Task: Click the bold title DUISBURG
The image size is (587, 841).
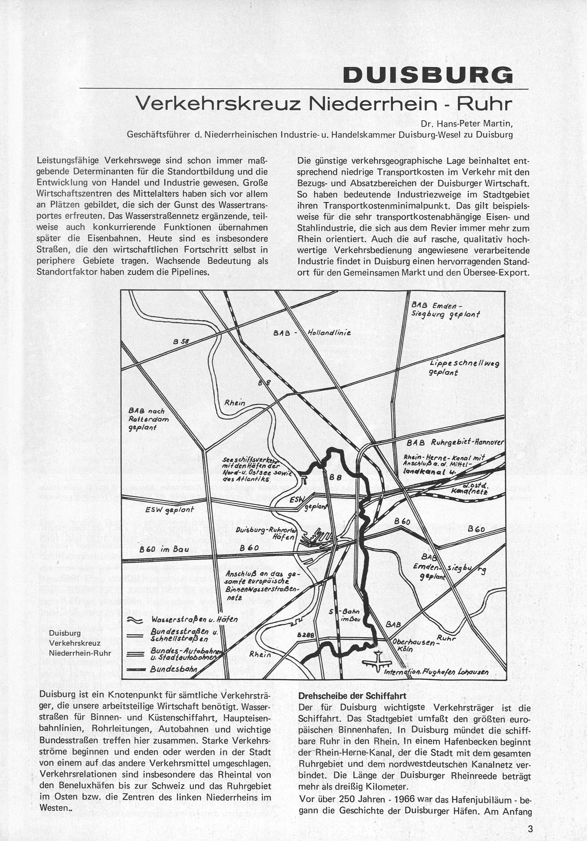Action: (427, 75)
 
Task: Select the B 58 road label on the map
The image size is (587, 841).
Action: (181, 341)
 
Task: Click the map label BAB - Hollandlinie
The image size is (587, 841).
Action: (312, 333)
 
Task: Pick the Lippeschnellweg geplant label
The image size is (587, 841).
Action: (465, 368)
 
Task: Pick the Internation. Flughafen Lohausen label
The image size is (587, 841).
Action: (436, 672)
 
